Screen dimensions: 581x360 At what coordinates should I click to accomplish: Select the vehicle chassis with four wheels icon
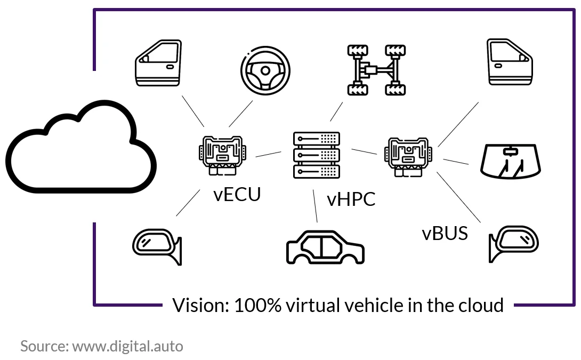click(x=376, y=70)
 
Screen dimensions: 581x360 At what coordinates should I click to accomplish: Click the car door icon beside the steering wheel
click(x=159, y=63)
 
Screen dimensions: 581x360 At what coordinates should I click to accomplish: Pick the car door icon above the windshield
click(x=510, y=62)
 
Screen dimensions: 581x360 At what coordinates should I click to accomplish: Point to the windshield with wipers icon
click(x=511, y=162)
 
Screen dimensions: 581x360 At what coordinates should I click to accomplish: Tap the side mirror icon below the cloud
click(x=157, y=246)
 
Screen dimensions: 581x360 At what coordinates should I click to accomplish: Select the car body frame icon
click(x=325, y=247)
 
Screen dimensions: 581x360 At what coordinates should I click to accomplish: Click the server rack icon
click(x=317, y=155)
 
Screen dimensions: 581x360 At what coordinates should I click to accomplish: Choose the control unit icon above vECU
click(x=222, y=156)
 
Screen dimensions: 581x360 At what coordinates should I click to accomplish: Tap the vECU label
click(x=237, y=194)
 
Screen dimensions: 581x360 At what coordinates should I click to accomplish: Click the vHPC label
click(x=351, y=199)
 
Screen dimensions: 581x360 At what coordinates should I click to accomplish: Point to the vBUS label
click(x=445, y=234)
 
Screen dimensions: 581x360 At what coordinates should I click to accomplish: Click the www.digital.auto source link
click(x=128, y=346)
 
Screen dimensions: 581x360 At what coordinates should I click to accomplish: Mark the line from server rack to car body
click(x=316, y=206)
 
